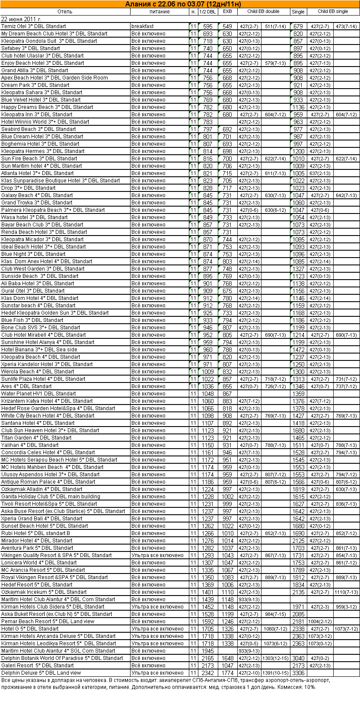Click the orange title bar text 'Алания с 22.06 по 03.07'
pos(180,4)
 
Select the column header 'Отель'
pos(65,12)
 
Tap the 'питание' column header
pos(159,12)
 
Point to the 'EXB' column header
pos(227,12)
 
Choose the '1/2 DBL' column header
pos(207,12)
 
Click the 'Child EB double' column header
pos(263,12)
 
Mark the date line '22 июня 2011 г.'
pos(21,19)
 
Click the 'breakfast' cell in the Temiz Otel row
pos(142,26)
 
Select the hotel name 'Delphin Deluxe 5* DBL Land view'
pos(41,673)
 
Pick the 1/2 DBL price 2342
pos(207,673)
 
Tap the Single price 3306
pos(298,673)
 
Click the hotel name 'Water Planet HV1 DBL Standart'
pos(38,394)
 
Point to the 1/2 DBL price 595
pos(208,26)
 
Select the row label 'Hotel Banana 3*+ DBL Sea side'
pos(39,350)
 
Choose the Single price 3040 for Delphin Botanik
pos(298,658)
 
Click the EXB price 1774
pos(227,673)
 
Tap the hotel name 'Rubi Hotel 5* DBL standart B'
pos(35,533)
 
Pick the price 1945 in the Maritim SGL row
pos(207,651)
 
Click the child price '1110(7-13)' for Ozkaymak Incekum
pos(346,592)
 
